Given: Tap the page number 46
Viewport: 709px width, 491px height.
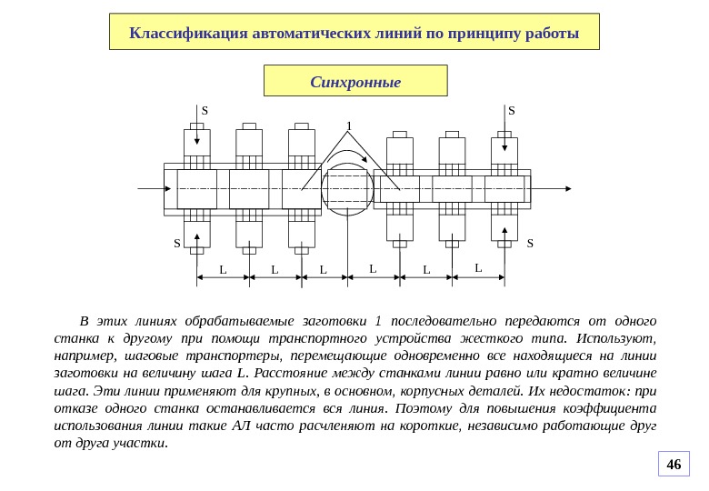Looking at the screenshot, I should tap(674, 465).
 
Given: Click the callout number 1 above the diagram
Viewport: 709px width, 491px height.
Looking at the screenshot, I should tap(348, 126).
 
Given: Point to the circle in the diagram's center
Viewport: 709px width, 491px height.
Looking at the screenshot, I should tap(347, 189).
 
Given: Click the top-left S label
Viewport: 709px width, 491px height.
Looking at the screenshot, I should tap(205, 111).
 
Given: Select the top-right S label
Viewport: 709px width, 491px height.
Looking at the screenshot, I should tap(511, 111).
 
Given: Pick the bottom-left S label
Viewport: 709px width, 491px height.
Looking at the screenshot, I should tap(178, 243).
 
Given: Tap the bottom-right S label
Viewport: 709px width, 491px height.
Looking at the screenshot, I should tap(530, 243).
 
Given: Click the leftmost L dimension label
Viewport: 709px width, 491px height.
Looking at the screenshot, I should tap(223, 269).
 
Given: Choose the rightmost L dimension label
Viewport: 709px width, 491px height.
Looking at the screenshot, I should tap(478, 267).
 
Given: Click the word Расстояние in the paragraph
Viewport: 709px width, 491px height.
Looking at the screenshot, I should tap(291, 374).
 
